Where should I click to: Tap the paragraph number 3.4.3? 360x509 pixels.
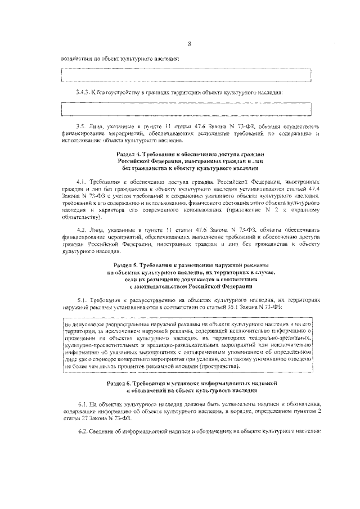83,91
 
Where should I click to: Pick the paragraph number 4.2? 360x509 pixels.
81,231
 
